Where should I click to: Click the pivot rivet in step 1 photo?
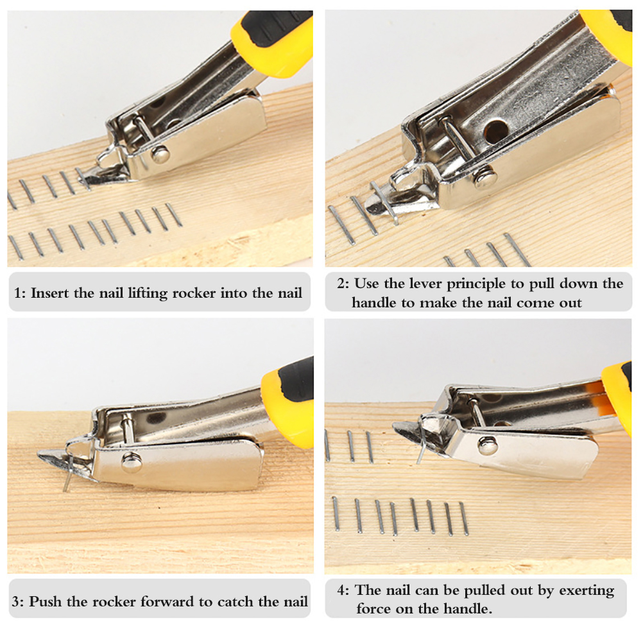coord(160,155)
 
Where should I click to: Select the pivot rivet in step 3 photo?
coord(132,462)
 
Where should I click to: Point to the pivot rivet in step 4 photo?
coord(488,445)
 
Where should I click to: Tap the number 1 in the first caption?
coord(17,293)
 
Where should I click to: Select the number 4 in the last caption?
coord(341,590)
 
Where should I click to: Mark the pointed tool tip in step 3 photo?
coord(39,454)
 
